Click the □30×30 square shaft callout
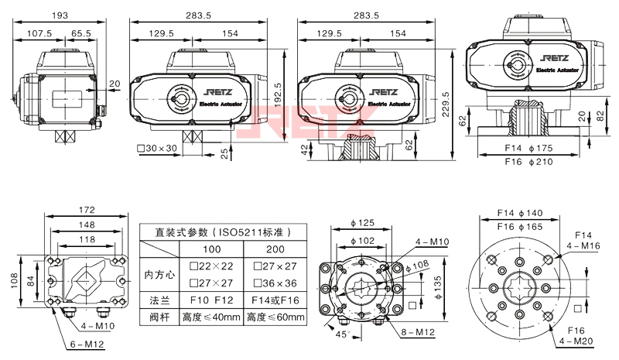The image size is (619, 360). pos(157,148)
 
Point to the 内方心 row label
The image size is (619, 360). pos(159,273)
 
